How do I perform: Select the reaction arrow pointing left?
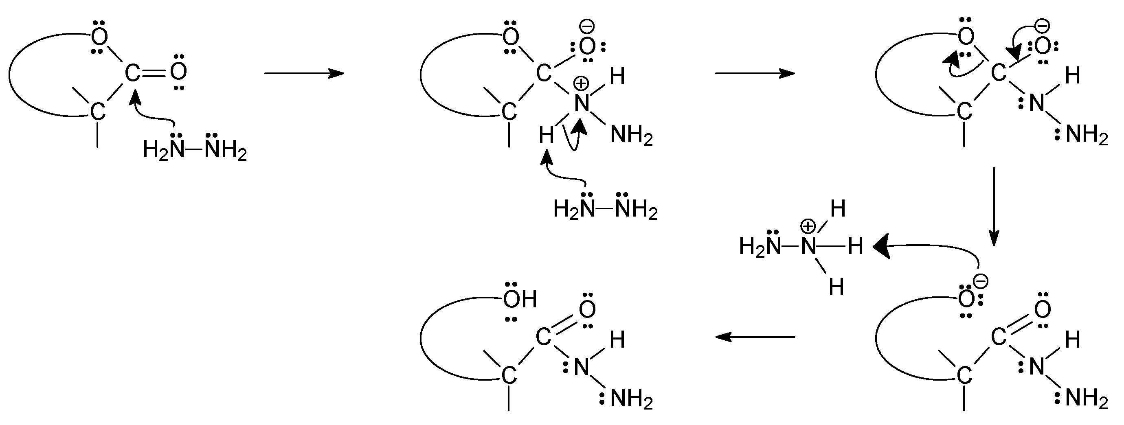tap(755, 337)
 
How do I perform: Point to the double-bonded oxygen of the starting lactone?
tap(178, 72)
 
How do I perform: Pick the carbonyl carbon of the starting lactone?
tap(132, 73)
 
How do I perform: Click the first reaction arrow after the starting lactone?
tap(304, 73)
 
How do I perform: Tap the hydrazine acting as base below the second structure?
tap(605, 209)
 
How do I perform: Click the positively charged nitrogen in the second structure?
tap(582, 103)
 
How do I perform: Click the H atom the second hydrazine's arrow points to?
tap(546, 136)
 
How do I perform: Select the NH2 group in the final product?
tap(631, 399)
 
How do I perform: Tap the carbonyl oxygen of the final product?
tap(587, 309)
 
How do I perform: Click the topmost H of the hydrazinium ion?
tap(838, 209)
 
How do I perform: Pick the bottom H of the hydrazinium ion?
tap(836, 287)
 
